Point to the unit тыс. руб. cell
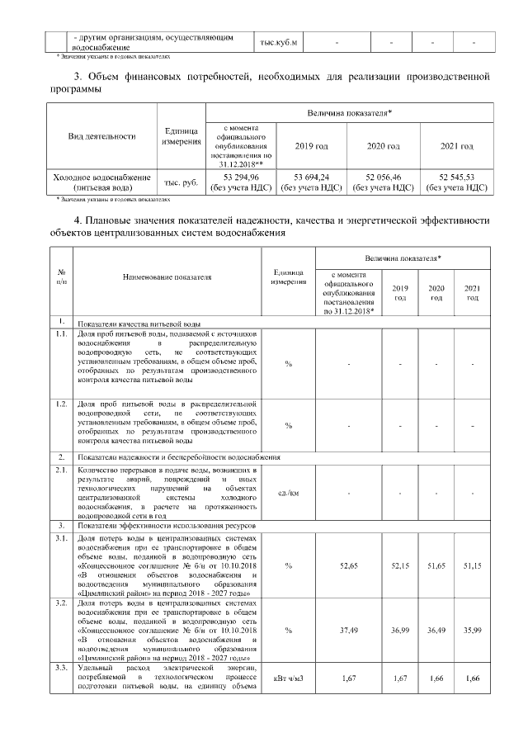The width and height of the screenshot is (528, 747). tap(181, 182)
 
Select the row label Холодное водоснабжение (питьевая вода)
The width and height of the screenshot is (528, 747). tap(101, 182)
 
